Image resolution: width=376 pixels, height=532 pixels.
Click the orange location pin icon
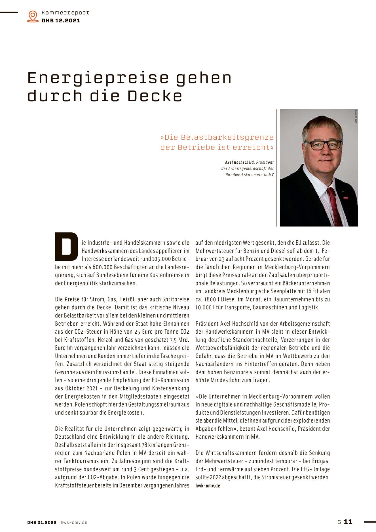(x=33, y=16)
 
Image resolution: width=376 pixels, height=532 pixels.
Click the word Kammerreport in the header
(x=65, y=12)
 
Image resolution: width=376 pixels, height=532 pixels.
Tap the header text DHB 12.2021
(x=61, y=20)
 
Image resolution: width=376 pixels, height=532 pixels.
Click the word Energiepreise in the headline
(x=98, y=78)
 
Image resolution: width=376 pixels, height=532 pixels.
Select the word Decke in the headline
(x=155, y=96)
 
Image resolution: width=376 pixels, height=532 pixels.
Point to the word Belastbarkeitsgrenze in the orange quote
(x=227, y=137)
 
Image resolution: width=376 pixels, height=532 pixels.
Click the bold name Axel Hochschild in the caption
(x=240, y=162)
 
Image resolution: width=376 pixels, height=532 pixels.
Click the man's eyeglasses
(x=323, y=145)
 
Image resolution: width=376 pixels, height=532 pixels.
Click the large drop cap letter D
(x=66, y=247)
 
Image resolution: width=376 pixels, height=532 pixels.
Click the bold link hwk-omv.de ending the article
(x=208, y=485)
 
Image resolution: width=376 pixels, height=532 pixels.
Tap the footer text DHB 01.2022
(x=42, y=522)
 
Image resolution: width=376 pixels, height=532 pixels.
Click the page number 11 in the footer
(x=348, y=522)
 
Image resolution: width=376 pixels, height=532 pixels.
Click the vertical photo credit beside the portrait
(x=356, y=116)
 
